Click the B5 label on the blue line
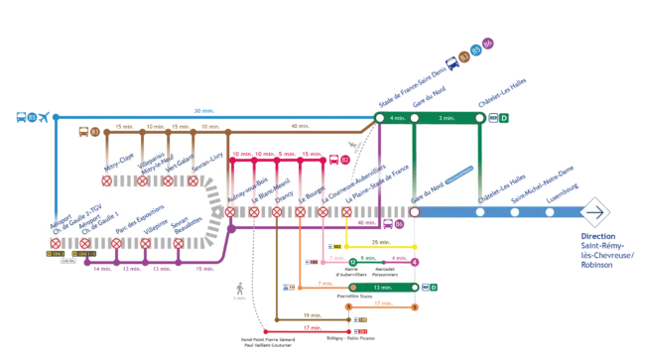pos(32,118)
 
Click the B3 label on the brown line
pos(94,131)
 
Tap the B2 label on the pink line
pos(345,159)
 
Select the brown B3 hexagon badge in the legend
pos(463,58)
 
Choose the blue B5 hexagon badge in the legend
pos(476,51)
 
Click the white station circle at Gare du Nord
pos(415,212)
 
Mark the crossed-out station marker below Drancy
pos(277,212)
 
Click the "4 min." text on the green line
pos(397,118)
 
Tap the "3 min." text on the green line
pos(447,118)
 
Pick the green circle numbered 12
pos(352,262)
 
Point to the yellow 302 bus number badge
pos(338,246)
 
